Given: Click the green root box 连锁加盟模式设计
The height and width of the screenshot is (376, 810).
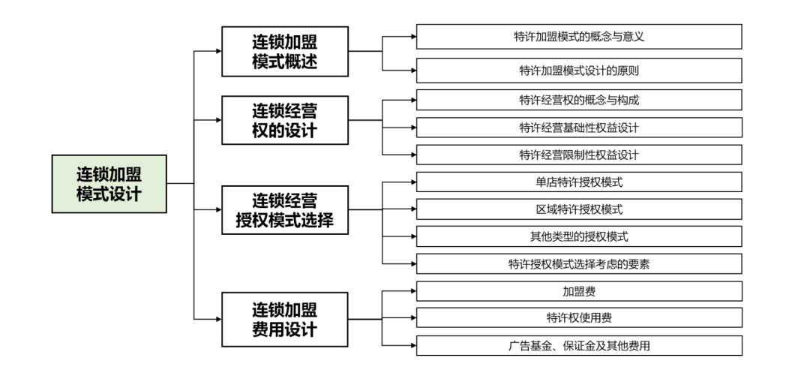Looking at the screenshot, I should pos(109,184).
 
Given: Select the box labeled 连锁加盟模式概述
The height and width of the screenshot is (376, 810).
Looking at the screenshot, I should pos(284,51).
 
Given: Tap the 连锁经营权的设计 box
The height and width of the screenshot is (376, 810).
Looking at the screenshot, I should pos(284,120).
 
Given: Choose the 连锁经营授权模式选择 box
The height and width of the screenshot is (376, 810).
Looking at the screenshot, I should pos(284,209).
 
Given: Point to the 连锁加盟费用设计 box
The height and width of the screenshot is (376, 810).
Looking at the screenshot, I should pos(284,319).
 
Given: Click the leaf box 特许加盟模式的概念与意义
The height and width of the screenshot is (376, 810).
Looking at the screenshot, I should pos(579,37).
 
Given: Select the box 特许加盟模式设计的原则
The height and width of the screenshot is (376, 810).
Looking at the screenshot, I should pos(579,71).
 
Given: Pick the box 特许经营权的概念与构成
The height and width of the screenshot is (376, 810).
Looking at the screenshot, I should pos(579,99).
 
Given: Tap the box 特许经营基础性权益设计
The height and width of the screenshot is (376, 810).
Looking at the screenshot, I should pos(579,127).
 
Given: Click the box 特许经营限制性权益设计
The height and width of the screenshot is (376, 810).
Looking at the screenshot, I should pos(579,155).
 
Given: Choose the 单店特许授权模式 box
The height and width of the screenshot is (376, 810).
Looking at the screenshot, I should pos(579,182).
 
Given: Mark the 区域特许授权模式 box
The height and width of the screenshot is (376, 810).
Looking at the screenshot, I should pos(579,209).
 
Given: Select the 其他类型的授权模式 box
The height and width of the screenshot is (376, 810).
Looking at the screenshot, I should pos(579,236).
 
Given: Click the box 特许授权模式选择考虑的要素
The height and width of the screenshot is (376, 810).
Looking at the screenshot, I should pos(579,263).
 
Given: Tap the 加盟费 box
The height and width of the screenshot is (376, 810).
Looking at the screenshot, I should pos(579,290).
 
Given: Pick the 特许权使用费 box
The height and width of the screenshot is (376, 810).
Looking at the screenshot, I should pos(579,317).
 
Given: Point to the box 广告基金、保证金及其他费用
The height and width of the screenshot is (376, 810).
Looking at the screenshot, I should pos(579,345).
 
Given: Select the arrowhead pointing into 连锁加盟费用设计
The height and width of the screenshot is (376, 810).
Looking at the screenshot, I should pos(218,319).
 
